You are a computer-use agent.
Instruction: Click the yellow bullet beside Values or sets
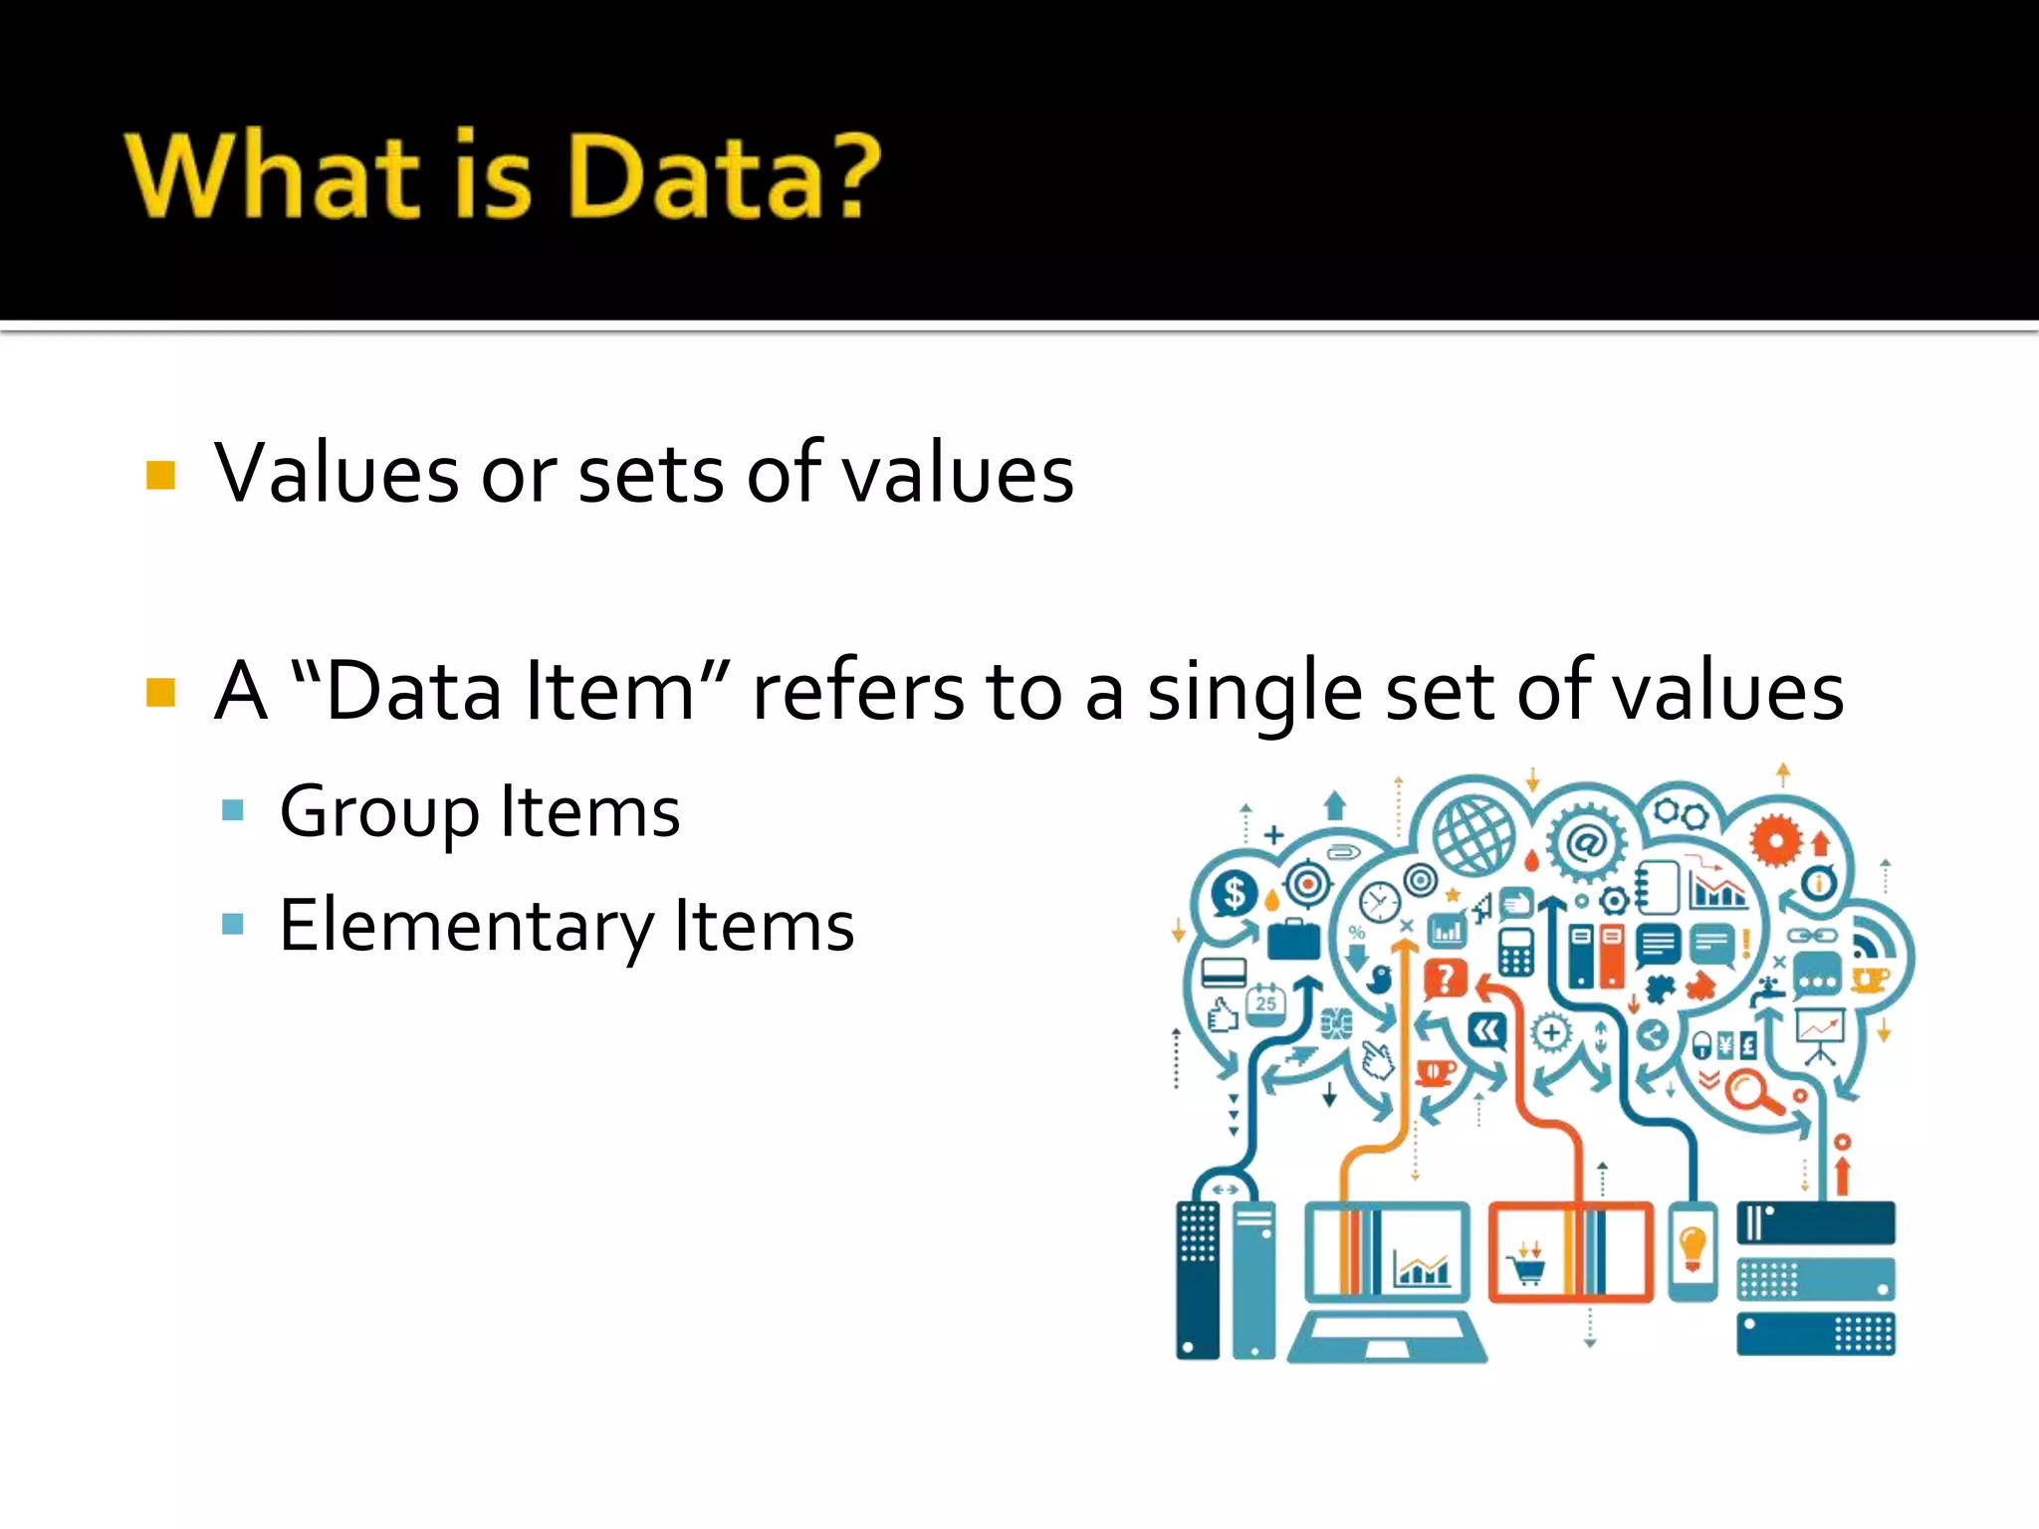[160, 475]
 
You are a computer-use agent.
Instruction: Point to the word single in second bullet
[1254, 693]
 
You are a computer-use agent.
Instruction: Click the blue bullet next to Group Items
[233, 809]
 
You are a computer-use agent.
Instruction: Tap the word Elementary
[464, 926]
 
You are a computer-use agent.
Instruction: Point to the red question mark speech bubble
[1446, 980]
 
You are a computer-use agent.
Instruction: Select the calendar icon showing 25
[1265, 1001]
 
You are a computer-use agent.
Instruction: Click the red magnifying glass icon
[1749, 1091]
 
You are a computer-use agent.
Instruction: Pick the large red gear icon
[1775, 841]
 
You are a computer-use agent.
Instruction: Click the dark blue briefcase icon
[1293, 939]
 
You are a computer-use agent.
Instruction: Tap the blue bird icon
[1379, 980]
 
